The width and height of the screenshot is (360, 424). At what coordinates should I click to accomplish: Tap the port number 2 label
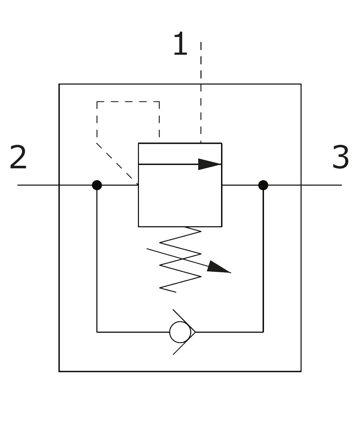[18, 158]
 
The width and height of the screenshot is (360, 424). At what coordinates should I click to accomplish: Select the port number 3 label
[341, 158]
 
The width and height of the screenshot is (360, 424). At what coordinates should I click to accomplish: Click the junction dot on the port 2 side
[97, 185]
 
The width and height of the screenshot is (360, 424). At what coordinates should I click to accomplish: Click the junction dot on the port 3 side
[263, 185]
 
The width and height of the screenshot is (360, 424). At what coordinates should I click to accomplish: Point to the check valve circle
[180, 332]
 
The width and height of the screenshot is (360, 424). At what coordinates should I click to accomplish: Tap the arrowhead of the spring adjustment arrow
[219, 268]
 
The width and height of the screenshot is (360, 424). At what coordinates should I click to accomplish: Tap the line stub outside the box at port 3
[322, 185]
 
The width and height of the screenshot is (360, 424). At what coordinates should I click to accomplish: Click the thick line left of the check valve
[133, 333]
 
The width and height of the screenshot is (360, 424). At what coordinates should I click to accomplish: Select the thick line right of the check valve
[229, 333]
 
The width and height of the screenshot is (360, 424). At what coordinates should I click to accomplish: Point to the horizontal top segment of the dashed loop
[128, 101]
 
